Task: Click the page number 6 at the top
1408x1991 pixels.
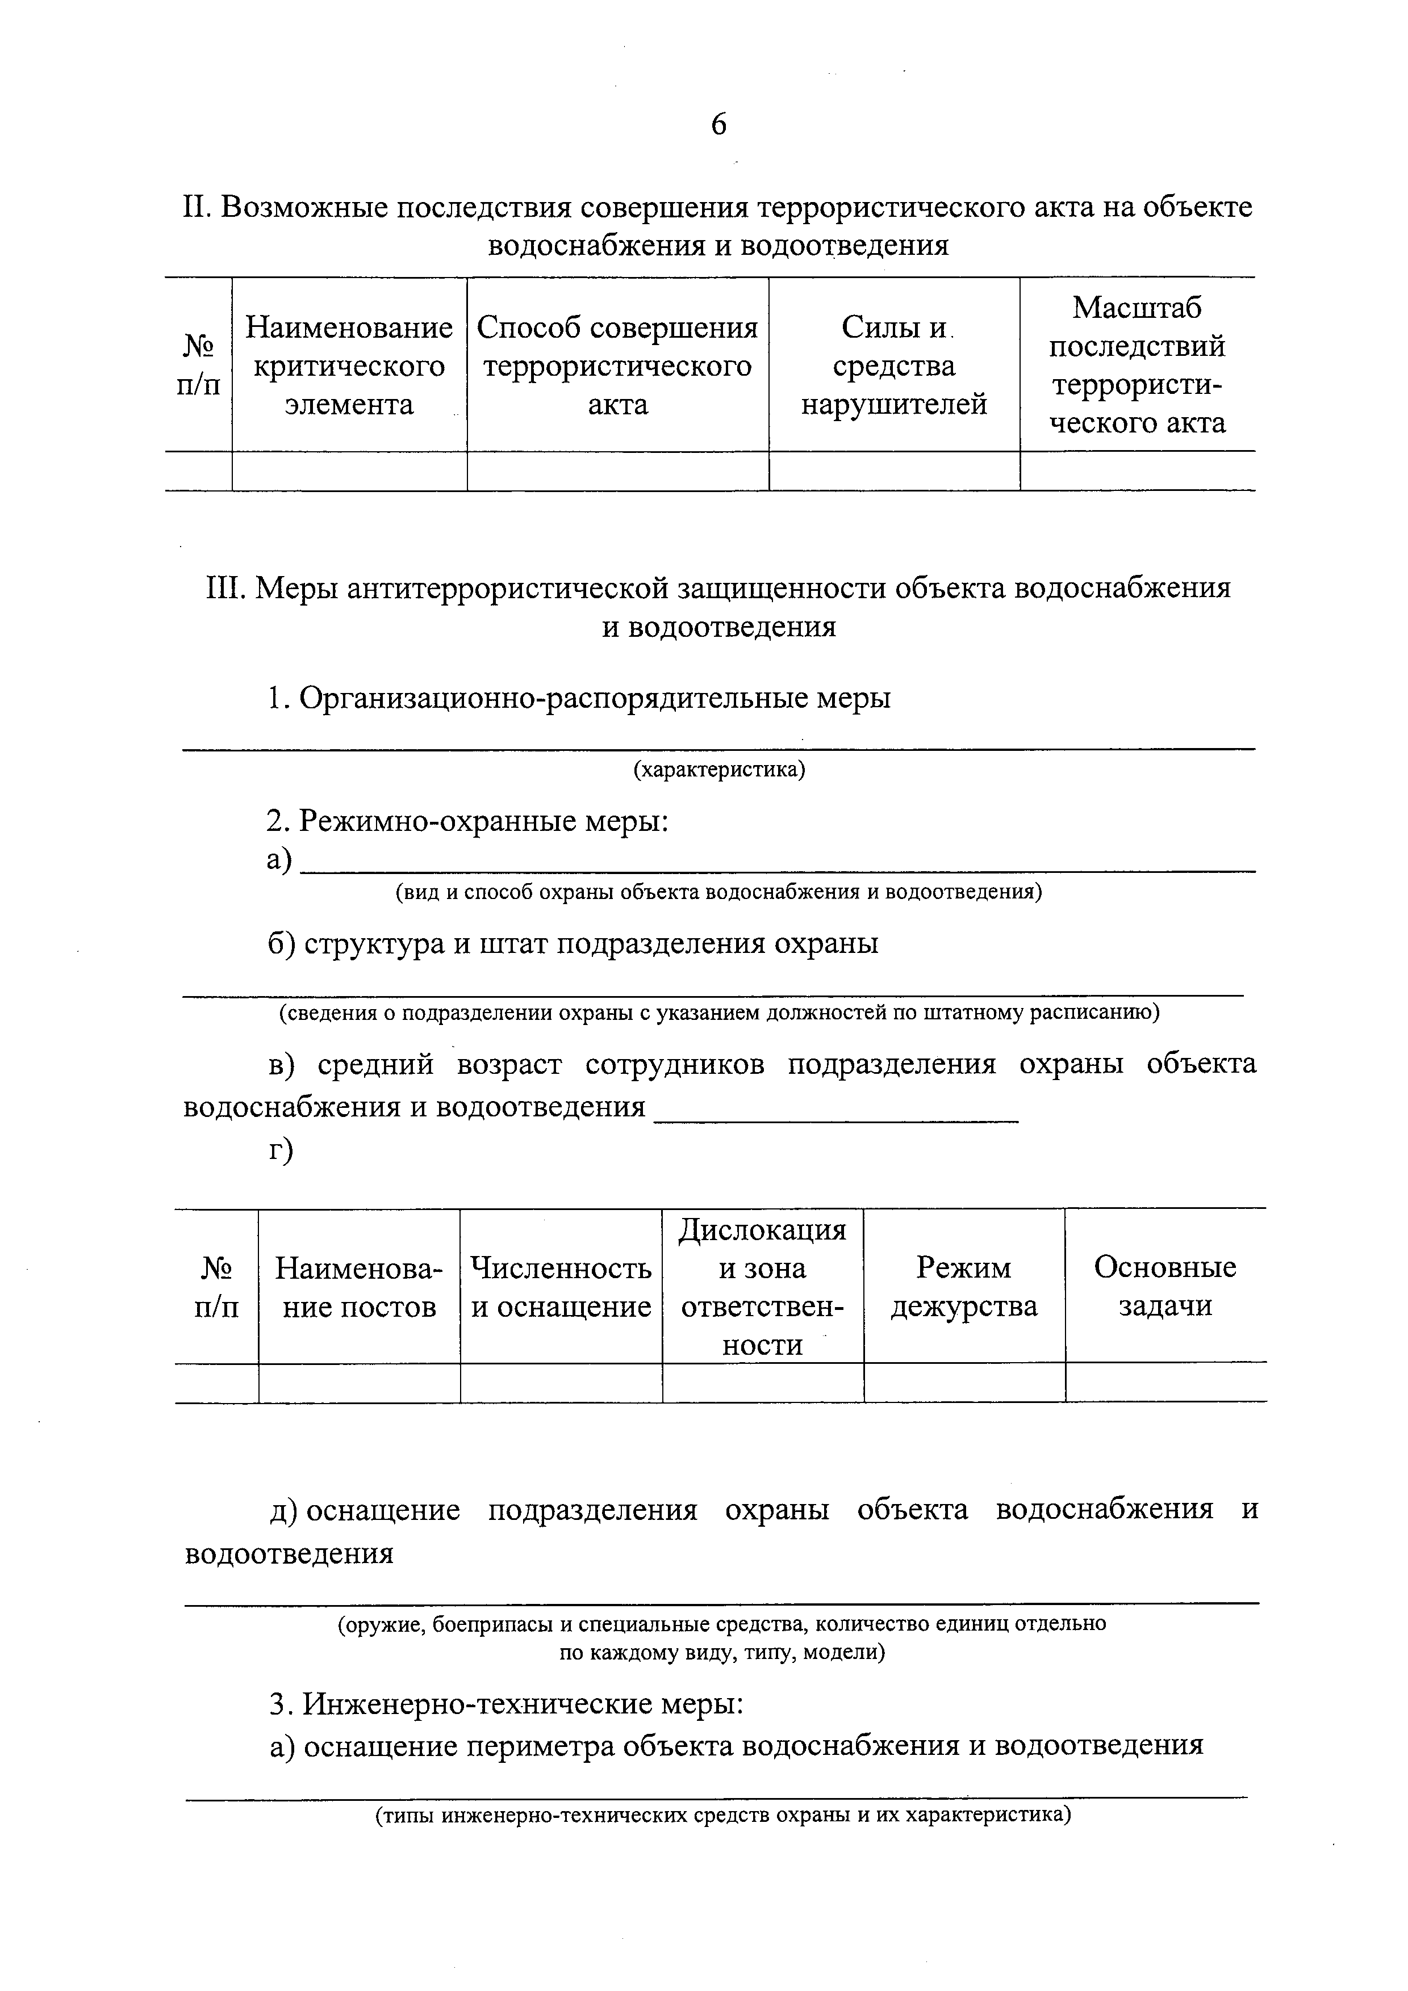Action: point(718,125)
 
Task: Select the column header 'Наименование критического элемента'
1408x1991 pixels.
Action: point(349,366)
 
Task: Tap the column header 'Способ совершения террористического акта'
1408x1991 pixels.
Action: point(618,366)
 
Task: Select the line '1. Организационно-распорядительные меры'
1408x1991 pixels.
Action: point(579,698)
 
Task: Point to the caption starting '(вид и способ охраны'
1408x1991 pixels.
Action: point(718,892)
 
